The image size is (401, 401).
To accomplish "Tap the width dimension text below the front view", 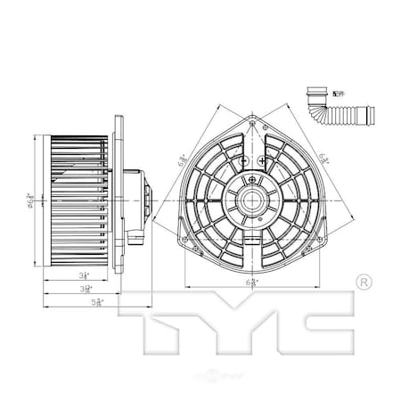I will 253,282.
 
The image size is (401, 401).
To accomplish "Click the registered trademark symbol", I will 363,282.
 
